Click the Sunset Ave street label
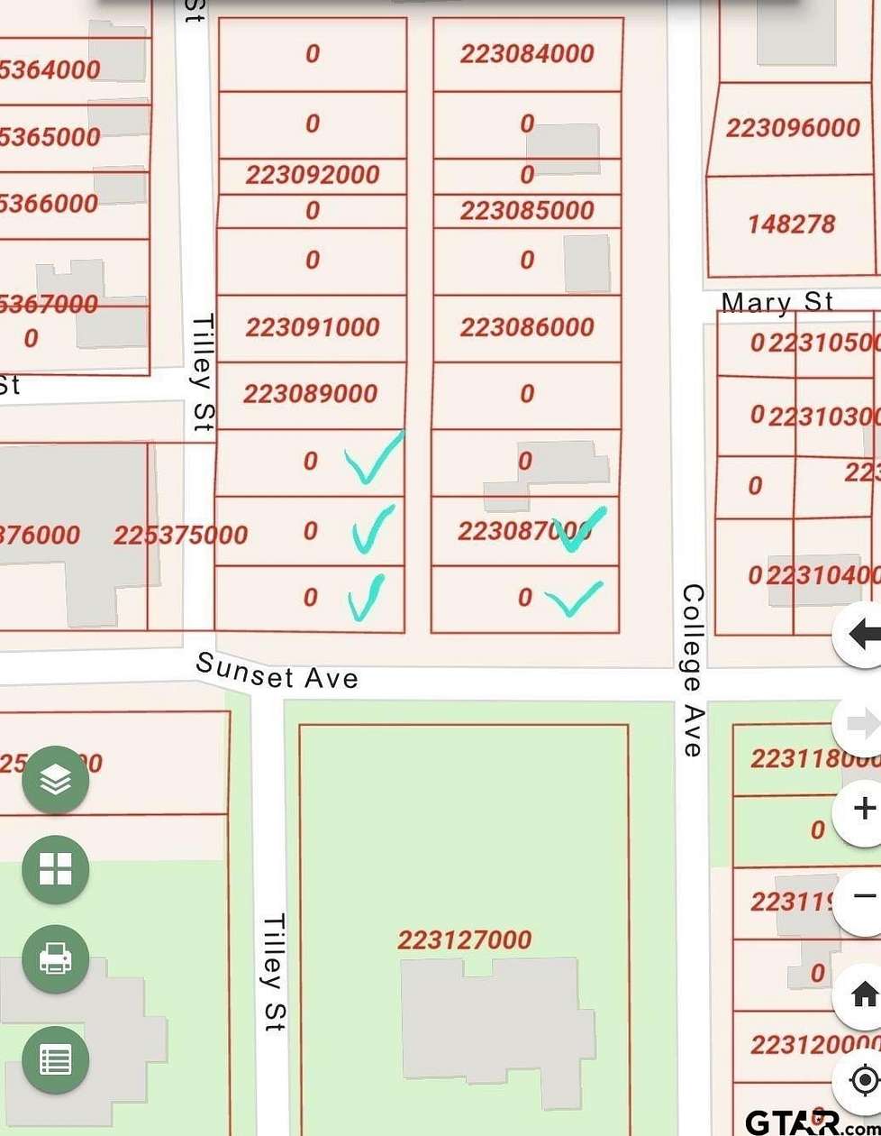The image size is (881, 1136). (277, 671)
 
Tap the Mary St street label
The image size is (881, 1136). (777, 302)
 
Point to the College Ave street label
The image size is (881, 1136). (692, 670)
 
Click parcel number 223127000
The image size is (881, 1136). (464, 940)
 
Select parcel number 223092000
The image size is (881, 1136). (312, 174)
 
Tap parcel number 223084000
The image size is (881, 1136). (527, 54)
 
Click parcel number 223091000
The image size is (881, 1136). (312, 326)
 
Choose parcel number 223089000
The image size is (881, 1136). (310, 393)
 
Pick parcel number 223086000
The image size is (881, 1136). (527, 326)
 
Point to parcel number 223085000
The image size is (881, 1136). (527, 211)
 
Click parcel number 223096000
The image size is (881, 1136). (793, 128)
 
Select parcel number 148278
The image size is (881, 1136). (791, 224)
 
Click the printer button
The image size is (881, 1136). (55, 959)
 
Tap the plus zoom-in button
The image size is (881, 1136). (863, 809)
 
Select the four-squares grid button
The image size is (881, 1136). (55, 869)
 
